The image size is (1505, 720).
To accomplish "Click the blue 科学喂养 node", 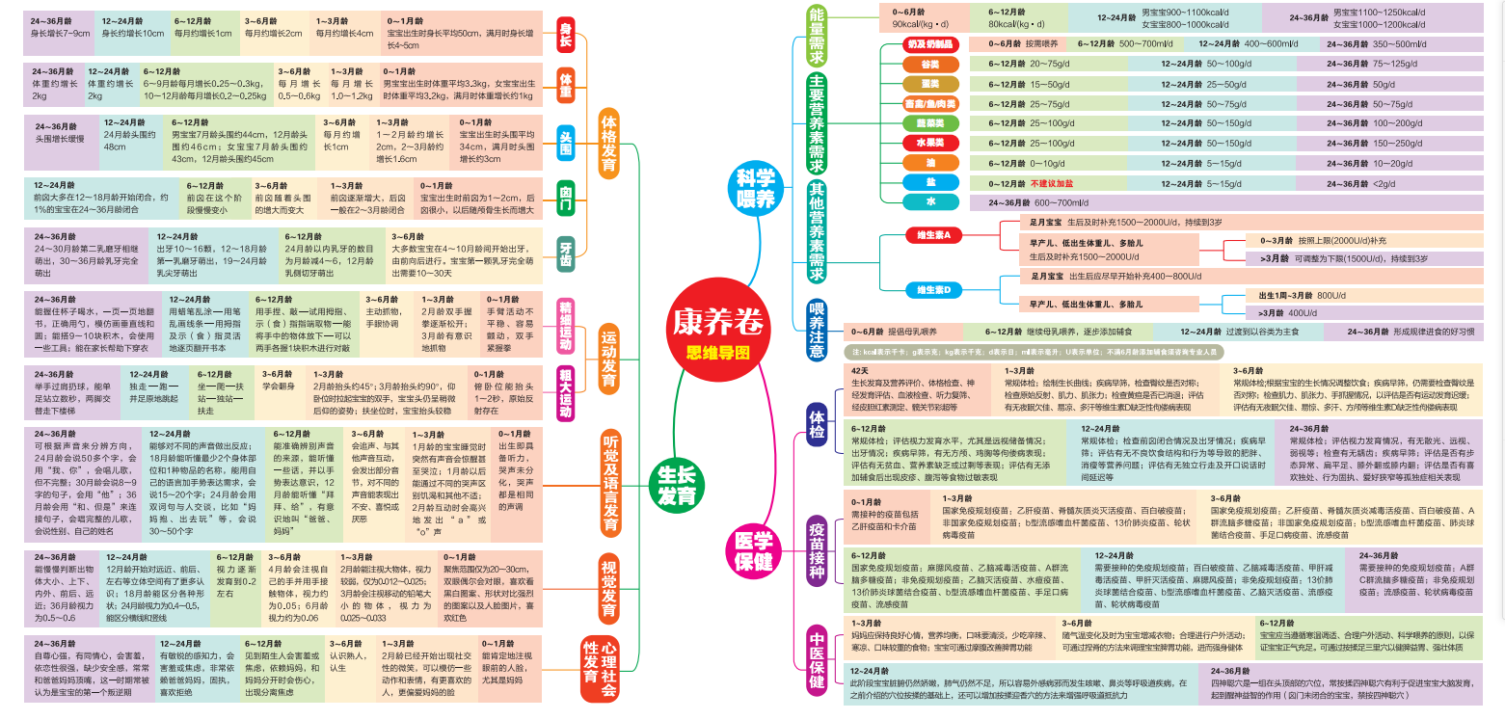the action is pyautogui.click(x=756, y=188).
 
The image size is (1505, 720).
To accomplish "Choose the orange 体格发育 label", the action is pyautogui.click(x=608, y=144).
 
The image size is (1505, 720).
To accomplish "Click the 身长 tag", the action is pyautogui.click(x=566, y=40).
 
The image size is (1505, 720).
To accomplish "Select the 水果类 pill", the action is pyautogui.click(x=917, y=143).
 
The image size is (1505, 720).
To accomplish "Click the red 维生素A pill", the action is pyautogui.click(x=932, y=234).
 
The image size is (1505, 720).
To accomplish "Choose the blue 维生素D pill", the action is pyautogui.click(x=932, y=290).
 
